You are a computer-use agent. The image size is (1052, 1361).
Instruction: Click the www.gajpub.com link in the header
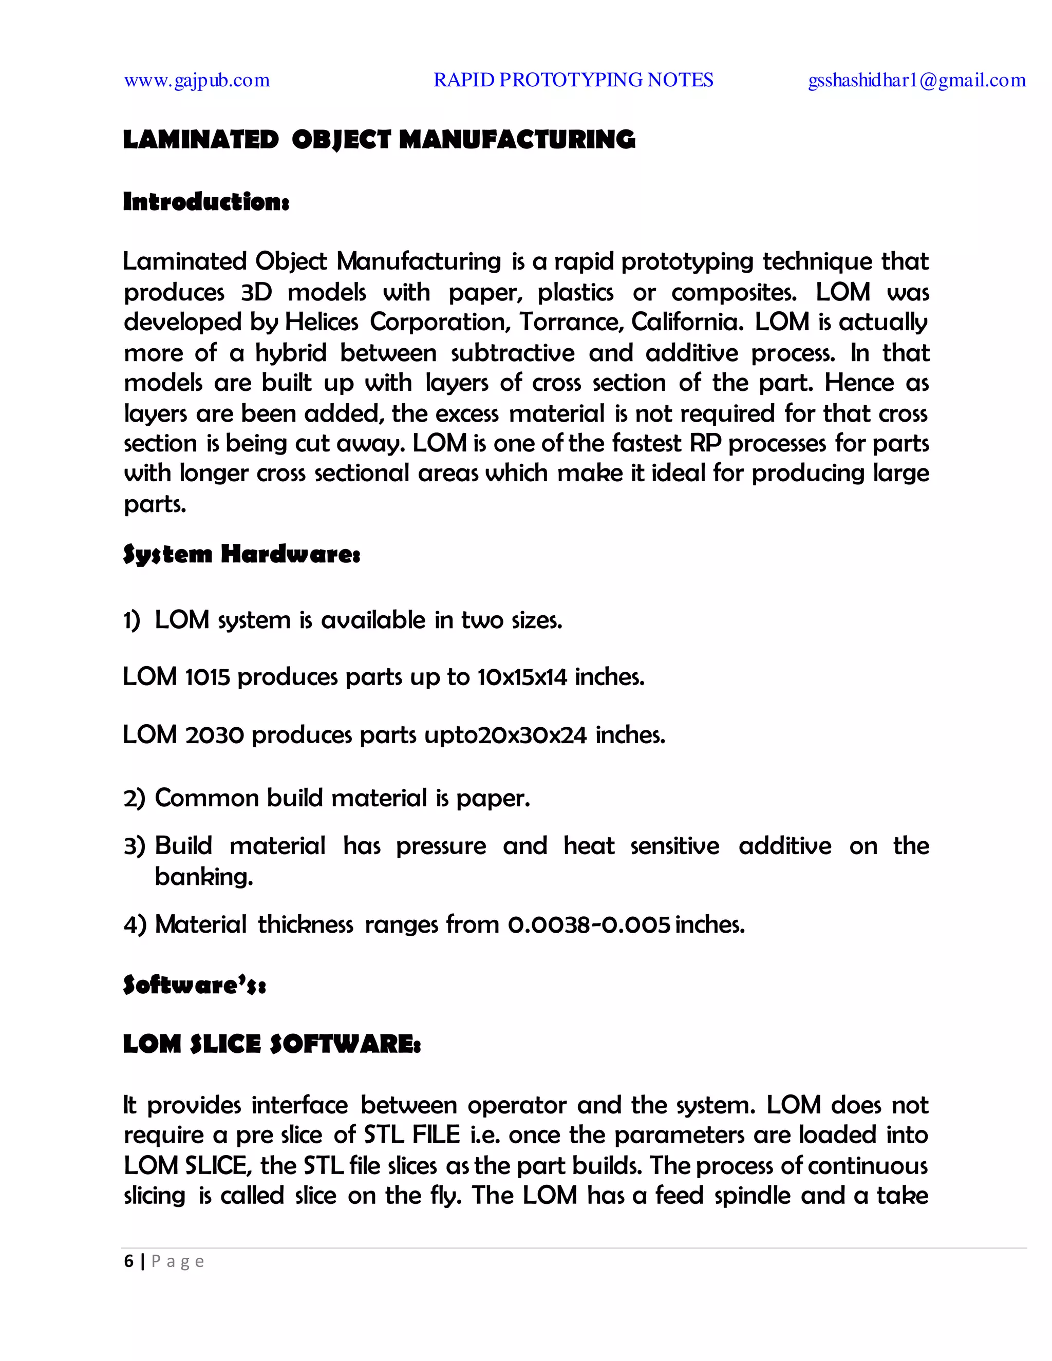click(197, 81)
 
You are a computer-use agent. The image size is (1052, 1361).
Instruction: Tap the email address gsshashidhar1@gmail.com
click(917, 81)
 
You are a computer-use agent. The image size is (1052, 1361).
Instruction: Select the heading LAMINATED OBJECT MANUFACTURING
click(379, 140)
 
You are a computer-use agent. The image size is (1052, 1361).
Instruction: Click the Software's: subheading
click(195, 985)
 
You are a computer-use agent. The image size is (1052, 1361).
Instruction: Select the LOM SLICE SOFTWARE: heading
click(272, 1044)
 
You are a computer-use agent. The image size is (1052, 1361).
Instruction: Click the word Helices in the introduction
click(322, 322)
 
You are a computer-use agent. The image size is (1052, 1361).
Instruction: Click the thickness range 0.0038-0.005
click(589, 924)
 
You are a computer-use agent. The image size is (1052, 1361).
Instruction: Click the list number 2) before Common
click(134, 798)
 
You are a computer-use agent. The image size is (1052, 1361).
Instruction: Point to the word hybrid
click(291, 353)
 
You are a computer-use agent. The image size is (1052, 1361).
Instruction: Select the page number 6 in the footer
click(128, 1261)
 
